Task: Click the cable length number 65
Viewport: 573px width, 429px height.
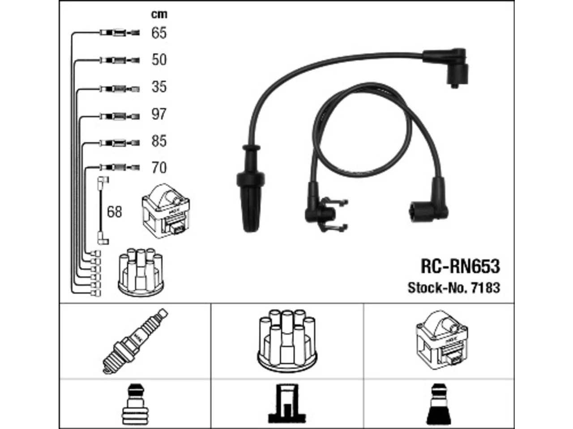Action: (x=159, y=33)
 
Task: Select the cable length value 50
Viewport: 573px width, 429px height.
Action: (x=159, y=59)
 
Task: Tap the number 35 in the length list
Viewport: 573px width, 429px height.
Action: (x=159, y=87)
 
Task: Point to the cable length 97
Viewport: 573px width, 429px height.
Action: (x=159, y=114)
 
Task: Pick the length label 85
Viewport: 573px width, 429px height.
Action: (x=159, y=141)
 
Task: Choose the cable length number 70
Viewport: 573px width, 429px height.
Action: (x=159, y=168)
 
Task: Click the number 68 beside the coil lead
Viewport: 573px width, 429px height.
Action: (x=114, y=212)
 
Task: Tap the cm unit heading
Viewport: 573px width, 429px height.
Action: (x=159, y=15)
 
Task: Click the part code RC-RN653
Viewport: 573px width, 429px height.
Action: (x=460, y=266)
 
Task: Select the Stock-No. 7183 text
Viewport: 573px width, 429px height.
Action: (x=454, y=288)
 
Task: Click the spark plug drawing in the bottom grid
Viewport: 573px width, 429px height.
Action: (x=135, y=341)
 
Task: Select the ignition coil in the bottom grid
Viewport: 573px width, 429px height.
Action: (x=442, y=340)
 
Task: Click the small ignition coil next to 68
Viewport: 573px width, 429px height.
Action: (x=166, y=211)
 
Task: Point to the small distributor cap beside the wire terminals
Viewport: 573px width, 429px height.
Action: (x=141, y=273)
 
